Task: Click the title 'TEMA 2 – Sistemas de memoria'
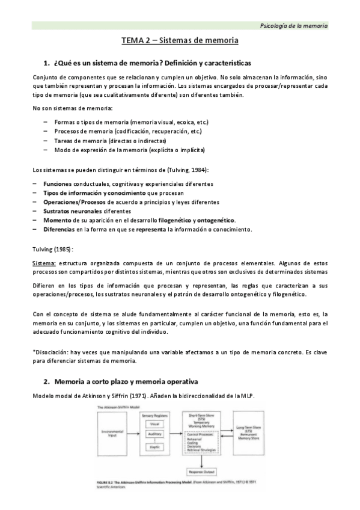click(180, 41)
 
